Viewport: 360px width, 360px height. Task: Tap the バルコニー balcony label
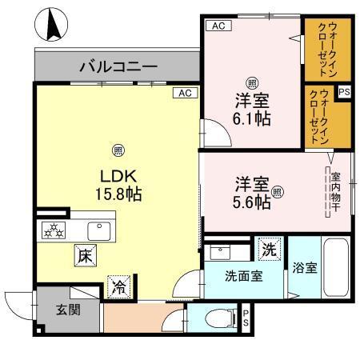click(x=118, y=67)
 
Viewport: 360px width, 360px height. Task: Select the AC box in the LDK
click(x=184, y=93)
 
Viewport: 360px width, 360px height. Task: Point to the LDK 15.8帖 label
click(x=118, y=184)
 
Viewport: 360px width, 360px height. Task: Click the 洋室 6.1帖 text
click(x=251, y=109)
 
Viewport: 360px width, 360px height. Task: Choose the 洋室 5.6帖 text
click(x=252, y=193)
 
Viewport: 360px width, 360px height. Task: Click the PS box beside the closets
click(x=344, y=93)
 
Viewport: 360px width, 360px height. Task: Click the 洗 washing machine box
click(x=270, y=249)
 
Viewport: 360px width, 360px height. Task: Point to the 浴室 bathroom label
click(x=306, y=267)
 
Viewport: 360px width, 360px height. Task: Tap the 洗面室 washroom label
click(x=245, y=277)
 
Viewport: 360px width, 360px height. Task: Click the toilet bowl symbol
click(x=214, y=318)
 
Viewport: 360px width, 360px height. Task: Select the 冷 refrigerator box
click(x=118, y=284)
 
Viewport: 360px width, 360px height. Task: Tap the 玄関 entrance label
click(x=67, y=310)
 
